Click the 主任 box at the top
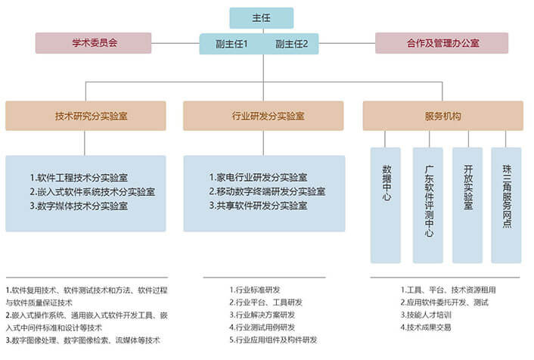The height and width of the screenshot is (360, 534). coord(261,17)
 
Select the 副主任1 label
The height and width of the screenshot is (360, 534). coord(232,44)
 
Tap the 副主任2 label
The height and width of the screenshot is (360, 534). coord(296,44)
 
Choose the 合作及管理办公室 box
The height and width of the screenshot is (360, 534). coord(442,43)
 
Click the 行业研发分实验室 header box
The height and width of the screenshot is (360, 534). coord(263,116)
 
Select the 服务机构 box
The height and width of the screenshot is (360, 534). coord(442,116)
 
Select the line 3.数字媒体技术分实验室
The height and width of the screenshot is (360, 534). coord(89,206)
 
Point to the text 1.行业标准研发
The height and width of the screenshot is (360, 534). coord(255,289)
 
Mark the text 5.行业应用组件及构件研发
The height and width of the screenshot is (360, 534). coord(273,340)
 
